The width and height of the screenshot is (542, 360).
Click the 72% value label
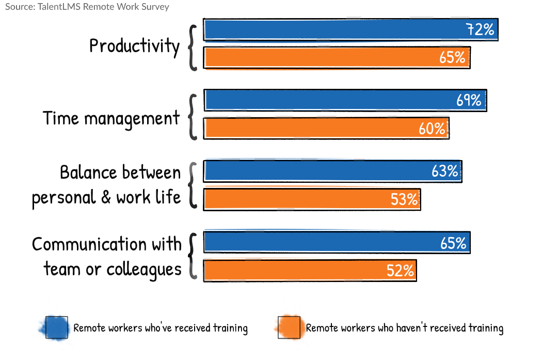pyautogui.click(x=481, y=30)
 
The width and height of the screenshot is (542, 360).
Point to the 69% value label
pyautogui.click(x=469, y=100)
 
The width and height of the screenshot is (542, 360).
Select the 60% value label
pyautogui.click(x=432, y=128)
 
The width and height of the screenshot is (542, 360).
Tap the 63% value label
pyautogui.click(x=444, y=171)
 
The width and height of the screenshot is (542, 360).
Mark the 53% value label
pyautogui.click(x=404, y=199)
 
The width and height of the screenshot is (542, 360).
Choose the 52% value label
pyautogui.click(x=400, y=270)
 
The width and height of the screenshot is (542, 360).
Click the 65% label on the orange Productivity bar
pyautogui.click(x=453, y=57)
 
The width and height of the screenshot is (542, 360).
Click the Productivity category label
pyautogui.click(x=134, y=46)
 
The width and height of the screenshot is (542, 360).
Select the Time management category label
pyautogui.click(x=111, y=118)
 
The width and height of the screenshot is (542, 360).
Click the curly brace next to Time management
pyautogui.click(x=193, y=117)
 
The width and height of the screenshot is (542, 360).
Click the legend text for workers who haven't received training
pyautogui.click(x=404, y=328)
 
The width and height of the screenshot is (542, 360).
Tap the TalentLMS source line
pyautogui.click(x=87, y=7)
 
